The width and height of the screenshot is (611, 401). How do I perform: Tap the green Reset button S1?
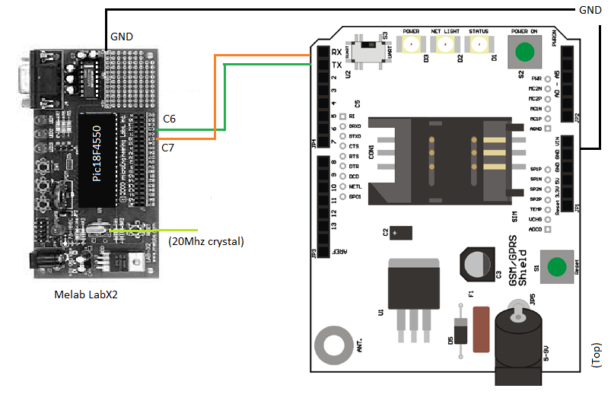coord(556,267)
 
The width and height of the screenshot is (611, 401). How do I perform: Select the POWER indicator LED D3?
coord(412,44)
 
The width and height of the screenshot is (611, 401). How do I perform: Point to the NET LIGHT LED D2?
coord(446,44)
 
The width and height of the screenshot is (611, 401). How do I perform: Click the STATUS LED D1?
coord(479,44)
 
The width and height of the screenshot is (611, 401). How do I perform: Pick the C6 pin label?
coord(170,119)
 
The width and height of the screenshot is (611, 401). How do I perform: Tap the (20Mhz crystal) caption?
coord(205,242)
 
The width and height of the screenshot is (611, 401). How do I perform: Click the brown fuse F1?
coord(481,329)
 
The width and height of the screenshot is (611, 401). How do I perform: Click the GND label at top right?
coord(590,10)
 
